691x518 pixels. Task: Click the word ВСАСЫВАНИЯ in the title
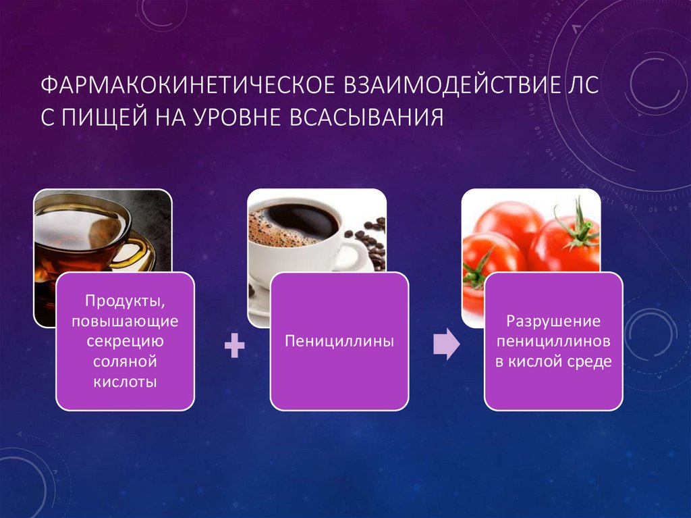[367, 117]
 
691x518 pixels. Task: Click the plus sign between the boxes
[233, 346]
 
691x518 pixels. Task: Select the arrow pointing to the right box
[446, 345]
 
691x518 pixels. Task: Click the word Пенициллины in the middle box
[339, 341]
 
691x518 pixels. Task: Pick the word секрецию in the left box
[125, 340]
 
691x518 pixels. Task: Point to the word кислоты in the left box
[125, 382]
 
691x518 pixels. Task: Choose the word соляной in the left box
[125, 361]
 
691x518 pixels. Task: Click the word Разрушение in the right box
[553, 320]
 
